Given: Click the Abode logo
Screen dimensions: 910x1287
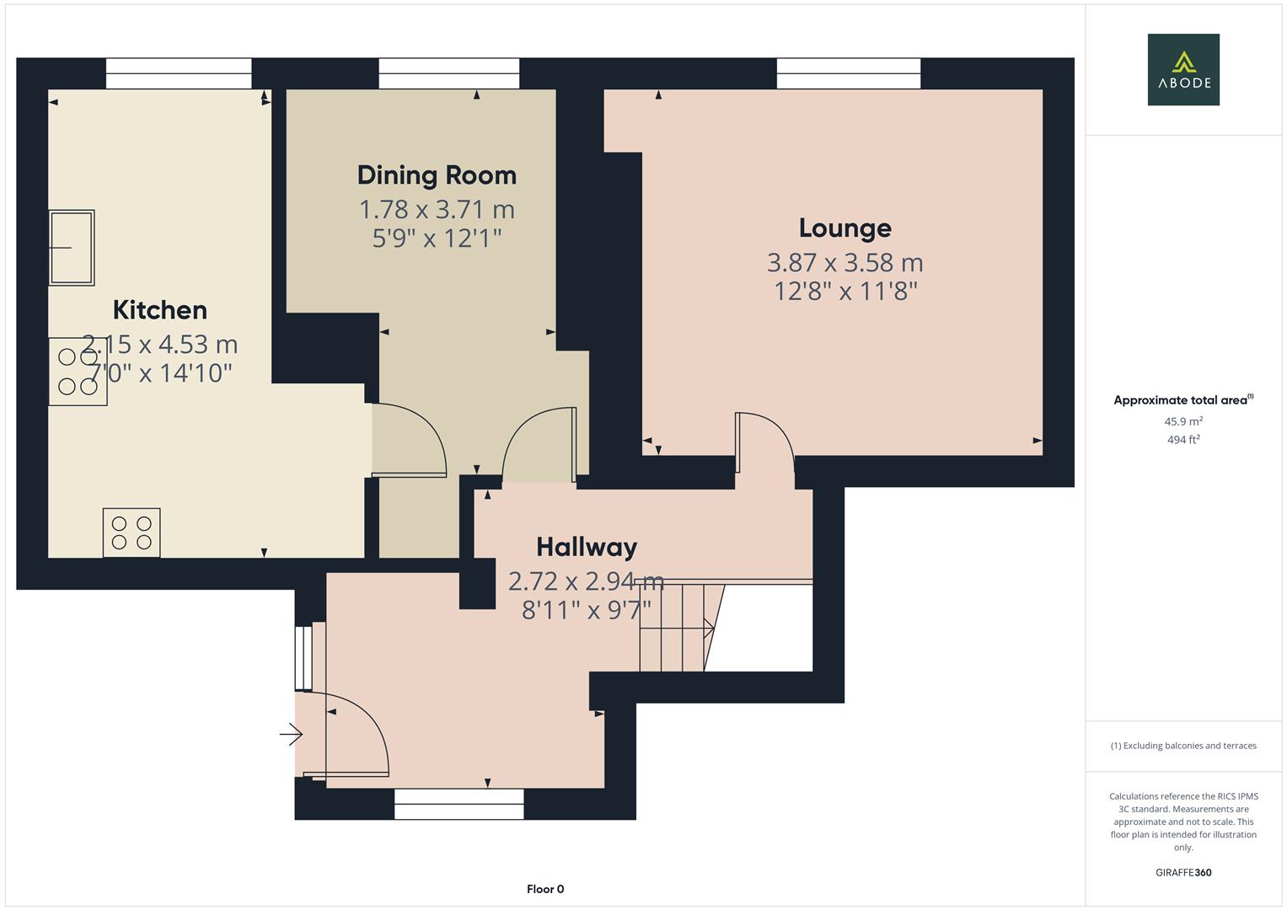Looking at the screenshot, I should pos(1183,69).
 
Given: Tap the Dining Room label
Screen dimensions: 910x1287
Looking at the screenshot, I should pos(437,175).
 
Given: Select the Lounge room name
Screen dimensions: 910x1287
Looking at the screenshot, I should pos(845,228).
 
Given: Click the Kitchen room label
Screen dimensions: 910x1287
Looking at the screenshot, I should pos(160,310).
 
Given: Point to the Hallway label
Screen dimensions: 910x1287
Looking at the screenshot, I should pos(587,548).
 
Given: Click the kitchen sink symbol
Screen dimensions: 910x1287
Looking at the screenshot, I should pos(72,248).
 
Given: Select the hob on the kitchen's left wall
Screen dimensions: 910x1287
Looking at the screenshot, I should pos(78,372).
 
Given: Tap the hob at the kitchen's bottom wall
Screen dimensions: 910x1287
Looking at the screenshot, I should pos(131,533).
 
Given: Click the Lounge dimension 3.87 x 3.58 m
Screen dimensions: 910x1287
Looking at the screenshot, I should pos(845,263).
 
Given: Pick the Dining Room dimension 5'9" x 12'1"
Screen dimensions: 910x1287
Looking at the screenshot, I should pos(437,238).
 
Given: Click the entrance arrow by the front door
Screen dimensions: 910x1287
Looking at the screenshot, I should pos(291,735).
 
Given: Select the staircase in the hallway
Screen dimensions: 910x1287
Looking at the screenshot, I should pos(674,628).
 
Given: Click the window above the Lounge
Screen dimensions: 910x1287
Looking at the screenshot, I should pos(848,73).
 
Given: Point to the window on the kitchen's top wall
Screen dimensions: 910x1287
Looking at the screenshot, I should pos(179,73).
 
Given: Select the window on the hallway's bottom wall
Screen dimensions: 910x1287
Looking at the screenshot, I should pos(459,804).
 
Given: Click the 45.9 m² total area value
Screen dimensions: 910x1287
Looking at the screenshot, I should pos(1183,421).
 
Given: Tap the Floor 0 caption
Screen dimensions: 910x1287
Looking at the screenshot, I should pos(545,889).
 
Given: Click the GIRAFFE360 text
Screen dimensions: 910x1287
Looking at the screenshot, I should pos(1183,872).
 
